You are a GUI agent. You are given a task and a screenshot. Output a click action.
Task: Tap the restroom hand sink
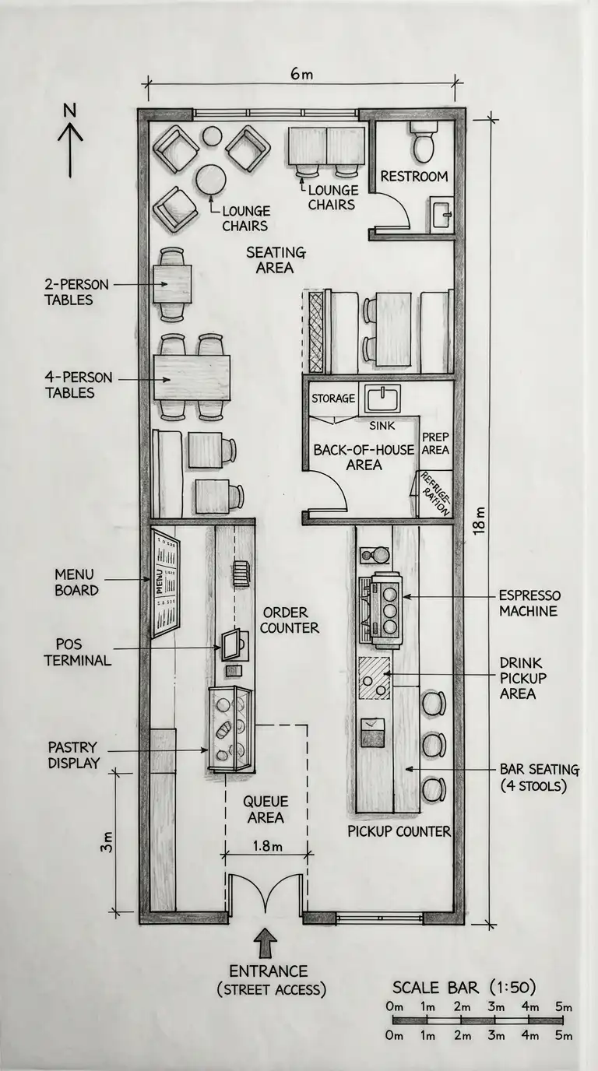(441, 214)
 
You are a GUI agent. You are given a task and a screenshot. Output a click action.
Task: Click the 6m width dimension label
(301, 74)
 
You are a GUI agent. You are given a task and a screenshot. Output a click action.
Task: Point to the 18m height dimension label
(480, 520)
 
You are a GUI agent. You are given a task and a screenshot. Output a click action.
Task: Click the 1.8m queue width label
(267, 846)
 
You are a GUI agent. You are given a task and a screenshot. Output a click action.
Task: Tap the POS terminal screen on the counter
(231, 644)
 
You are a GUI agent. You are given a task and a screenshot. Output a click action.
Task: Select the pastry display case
(230, 729)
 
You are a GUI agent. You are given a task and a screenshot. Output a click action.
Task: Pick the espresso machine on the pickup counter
(382, 610)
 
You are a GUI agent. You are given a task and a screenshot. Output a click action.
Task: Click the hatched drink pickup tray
(375, 679)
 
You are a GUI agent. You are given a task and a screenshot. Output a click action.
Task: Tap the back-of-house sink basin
(383, 399)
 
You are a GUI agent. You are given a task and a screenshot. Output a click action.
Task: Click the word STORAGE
(333, 399)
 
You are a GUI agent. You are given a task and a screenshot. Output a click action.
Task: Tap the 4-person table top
(192, 377)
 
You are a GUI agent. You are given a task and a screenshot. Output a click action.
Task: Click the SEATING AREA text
(276, 260)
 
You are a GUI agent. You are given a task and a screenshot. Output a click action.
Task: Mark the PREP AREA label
(435, 443)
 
